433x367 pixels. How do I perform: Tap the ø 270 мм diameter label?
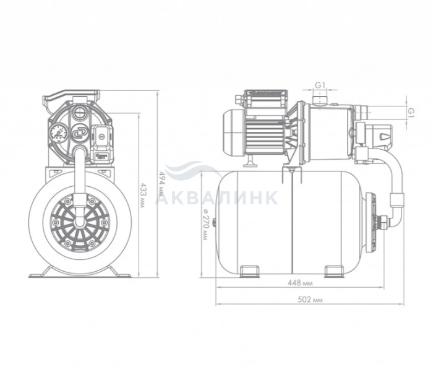[206, 224]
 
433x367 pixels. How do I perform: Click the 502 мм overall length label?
[310, 300]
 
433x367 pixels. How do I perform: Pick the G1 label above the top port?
[320, 85]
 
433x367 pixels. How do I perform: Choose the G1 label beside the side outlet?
[411, 113]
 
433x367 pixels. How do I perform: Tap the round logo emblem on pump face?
[79, 133]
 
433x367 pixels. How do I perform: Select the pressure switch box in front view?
[101, 144]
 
